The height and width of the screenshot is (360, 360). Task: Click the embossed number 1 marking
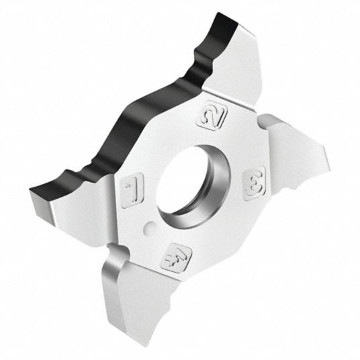pyautogui.click(x=132, y=190)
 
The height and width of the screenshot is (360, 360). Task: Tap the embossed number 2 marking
pyautogui.click(x=212, y=116)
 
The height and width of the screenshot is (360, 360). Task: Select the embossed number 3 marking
pyautogui.click(x=255, y=183)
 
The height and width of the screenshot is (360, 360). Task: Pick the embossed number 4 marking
pyautogui.click(x=176, y=258)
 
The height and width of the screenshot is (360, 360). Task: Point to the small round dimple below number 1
pyautogui.click(x=150, y=226)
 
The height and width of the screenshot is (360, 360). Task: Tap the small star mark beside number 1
pyautogui.click(x=126, y=187)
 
